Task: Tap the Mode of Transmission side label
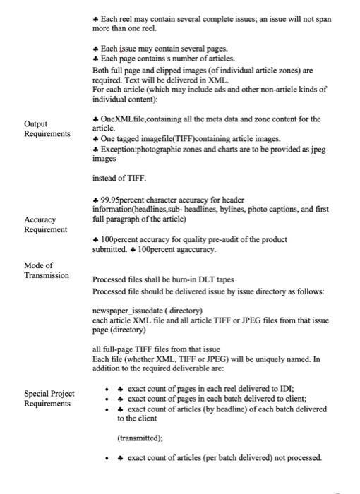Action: click(47, 270)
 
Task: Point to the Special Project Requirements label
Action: click(49, 398)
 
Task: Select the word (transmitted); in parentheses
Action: click(140, 438)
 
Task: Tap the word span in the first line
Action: click(320, 19)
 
